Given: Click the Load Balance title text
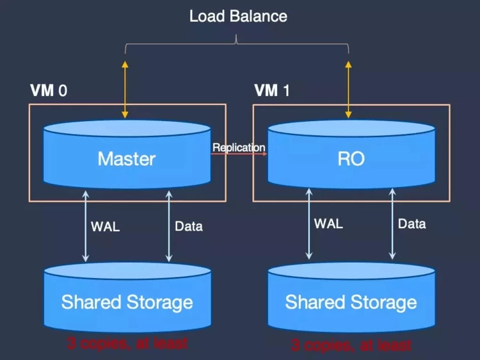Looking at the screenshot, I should pyautogui.click(x=238, y=16).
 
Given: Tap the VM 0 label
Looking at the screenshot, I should pyautogui.click(x=49, y=90).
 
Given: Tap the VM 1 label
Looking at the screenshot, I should pyautogui.click(x=272, y=90).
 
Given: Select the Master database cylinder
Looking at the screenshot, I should pyautogui.click(x=127, y=158).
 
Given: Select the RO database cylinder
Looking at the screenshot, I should pyautogui.click(x=351, y=158).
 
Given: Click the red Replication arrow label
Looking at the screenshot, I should pyautogui.click(x=239, y=148).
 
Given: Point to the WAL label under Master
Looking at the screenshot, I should pyautogui.click(x=105, y=226).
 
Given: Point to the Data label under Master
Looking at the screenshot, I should pyautogui.click(x=189, y=226).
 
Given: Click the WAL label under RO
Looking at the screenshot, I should pyautogui.click(x=328, y=224).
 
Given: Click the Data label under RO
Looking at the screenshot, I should pyautogui.click(x=412, y=224).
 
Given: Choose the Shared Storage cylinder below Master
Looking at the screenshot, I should pyautogui.click(x=127, y=301).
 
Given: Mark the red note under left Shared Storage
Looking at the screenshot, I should pyautogui.click(x=127, y=343).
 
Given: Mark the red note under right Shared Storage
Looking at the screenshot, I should pyautogui.click(x=351, y=346).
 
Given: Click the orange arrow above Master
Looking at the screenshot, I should pyautogui.click(x=125, y=90).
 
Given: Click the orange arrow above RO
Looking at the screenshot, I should pyautogui.click(x=349, y=90).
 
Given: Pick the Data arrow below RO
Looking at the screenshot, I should pyautogui.click(x=392, y=224).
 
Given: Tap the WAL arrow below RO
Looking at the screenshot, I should pyautogui.click(x=308, y=224).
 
